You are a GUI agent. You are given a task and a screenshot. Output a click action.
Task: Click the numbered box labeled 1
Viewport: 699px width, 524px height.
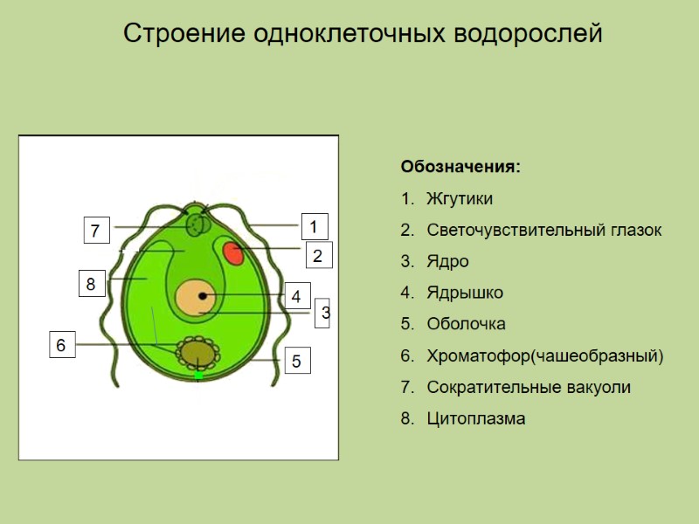(x=314, y=225)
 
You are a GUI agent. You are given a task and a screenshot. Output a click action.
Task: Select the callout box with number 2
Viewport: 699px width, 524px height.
(x=318, y=256)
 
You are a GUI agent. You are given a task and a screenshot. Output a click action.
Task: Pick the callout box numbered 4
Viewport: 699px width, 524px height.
(x=296, y=297)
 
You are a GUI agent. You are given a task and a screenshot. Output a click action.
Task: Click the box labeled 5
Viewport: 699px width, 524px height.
(x=295, y=360)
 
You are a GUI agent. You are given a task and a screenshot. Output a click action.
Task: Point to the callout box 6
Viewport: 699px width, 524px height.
(x=60, y=345)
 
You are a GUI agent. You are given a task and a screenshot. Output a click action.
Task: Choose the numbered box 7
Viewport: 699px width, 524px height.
(x=96, y=231)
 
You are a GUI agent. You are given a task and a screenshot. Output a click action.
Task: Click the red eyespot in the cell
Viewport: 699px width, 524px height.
(x=233, y=254)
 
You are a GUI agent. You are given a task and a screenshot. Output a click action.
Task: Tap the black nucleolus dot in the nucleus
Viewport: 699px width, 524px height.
(x=203, y=297)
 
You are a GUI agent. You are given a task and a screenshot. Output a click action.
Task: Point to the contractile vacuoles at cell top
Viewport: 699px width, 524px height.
(x=197, y=224)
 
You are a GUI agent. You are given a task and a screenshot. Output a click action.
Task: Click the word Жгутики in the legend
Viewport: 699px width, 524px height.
(x=460, y=199)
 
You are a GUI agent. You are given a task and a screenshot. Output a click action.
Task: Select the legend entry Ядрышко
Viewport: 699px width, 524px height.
(x=464, y=293)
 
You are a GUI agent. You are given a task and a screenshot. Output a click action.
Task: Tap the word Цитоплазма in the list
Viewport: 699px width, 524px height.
(x=476, y=418)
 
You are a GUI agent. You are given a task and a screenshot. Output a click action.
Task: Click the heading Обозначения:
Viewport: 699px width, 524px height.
(x=460, y=166)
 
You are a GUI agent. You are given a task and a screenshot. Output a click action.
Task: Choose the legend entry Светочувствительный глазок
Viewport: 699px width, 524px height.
(x=543, y=231)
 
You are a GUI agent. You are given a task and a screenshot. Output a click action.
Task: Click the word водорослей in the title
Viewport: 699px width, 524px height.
(x=529, y=34)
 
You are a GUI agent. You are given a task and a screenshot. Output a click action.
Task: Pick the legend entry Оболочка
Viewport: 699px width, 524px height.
(x=466, y=324)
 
